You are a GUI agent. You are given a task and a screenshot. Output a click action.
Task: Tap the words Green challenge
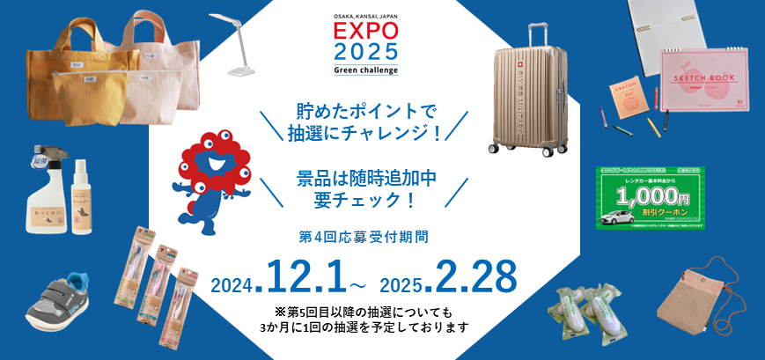[365, 70]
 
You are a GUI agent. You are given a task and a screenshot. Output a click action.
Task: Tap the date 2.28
[470, 278]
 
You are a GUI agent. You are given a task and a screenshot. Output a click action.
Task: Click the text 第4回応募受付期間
[364, 237]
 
